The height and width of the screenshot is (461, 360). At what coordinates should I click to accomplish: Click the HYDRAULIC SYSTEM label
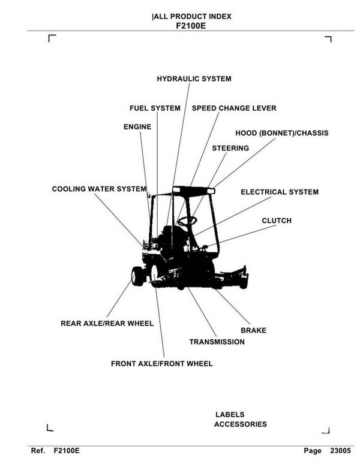194,79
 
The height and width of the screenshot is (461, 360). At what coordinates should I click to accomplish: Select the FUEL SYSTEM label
155,109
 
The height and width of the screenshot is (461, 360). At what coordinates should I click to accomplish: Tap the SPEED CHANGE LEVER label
234,109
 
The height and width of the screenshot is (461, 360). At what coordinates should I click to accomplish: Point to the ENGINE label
137,127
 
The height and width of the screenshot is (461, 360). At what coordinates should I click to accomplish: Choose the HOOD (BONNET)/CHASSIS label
282,132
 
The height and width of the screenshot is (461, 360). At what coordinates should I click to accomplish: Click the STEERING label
230,148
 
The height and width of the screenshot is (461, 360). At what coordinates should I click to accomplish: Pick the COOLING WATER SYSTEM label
99,189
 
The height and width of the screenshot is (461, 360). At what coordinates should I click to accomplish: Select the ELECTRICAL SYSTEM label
280,192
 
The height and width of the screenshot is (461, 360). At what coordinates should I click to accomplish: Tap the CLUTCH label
277,221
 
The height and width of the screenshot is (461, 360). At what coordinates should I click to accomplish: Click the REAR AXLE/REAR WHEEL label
107,323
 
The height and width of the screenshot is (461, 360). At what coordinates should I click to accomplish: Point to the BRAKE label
253,330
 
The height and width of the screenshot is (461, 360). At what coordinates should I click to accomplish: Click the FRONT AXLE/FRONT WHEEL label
161,363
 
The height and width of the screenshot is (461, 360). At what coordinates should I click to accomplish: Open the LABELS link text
230,414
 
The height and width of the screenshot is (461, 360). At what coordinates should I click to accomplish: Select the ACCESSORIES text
240,424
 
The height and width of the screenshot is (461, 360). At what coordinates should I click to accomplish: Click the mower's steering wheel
187,221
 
